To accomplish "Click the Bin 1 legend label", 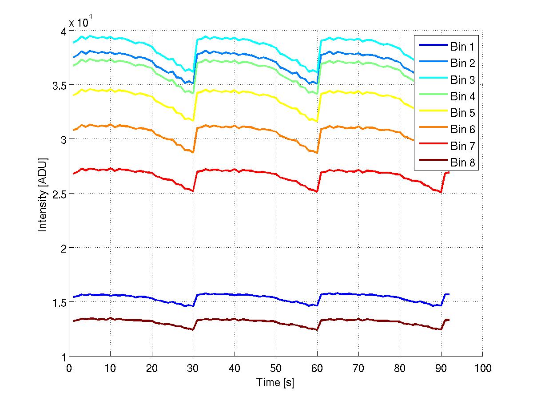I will (462, 47).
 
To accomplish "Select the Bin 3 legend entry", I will (462, 80).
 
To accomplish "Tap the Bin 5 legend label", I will (462, 113).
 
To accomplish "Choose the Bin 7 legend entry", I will (462, 146).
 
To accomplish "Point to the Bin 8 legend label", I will (462, 162).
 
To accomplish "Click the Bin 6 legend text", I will (462, 130).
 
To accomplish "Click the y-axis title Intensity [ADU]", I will (43, 194).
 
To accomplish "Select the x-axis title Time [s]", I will (275, 382).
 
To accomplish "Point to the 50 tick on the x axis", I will (275, 368).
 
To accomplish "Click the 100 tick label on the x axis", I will (482, 368).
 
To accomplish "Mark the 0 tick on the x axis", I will (69, 368).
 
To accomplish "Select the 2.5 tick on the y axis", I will (57, 193).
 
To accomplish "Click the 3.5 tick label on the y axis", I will (57, 85).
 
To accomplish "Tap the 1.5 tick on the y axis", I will (57, 302).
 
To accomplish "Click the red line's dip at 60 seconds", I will (317, 192).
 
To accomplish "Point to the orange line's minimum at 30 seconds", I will (193, 152).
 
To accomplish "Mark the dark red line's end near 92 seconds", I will (449, 320).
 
